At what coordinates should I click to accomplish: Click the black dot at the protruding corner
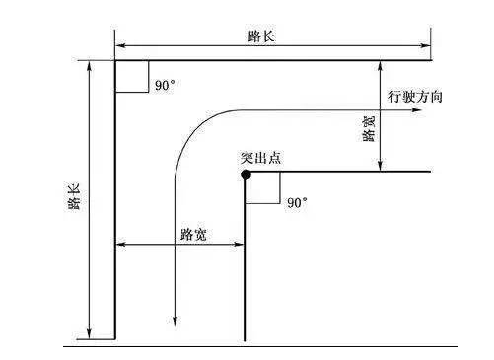(x=246, y=174)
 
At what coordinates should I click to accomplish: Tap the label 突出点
(x=261, y=158)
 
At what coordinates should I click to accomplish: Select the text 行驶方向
(x=415, y=97)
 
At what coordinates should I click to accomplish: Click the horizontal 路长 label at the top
(x=261, y=36)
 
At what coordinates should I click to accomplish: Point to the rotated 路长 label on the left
(x=74, y=197)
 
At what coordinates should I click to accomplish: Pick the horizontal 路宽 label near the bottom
(x=193, y=235)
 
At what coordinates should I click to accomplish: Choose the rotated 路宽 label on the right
(x=369, y=128)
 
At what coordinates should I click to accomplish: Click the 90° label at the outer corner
(x=165, y=85)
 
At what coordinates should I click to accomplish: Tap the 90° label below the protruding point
(x=297, y=202)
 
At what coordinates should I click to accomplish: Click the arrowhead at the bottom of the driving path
(x=175, y=322)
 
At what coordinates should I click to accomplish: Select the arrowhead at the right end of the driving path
(x=416, y=110)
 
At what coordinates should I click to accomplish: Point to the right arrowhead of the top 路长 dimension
(x=424, y=45)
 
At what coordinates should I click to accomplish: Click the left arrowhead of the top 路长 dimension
(x=121, y=45)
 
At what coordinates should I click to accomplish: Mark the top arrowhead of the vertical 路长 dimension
(x=89, y=67)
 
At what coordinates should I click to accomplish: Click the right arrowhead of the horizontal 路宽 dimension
(x=239, y=244)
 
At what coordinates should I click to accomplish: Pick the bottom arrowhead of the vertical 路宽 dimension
(x=381, y=165)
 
